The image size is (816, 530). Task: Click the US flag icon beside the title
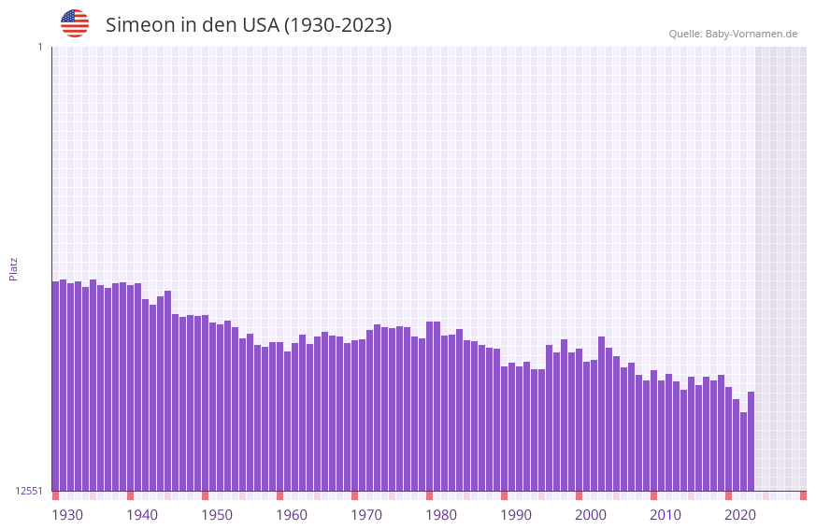coord(75,23)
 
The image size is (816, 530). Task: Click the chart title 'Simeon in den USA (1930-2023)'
coord(249,25)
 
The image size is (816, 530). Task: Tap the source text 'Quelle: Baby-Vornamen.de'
coord(733,34)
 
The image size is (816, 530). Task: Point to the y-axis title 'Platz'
coord(13,268)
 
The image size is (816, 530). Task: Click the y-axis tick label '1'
coord(39,47)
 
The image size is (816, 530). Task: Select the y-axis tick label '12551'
coord(29,491)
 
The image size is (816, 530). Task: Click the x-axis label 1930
coord(67,515)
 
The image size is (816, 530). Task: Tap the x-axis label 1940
coord(142,515)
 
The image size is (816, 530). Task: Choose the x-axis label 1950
coord(217,515)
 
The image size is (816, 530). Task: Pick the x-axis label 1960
coord(292,515)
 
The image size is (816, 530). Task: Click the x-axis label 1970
coord(366,515)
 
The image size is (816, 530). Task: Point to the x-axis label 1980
coord(441,515)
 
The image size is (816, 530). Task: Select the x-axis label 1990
coord(516,515)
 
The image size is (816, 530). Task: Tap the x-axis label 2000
coord(591,515)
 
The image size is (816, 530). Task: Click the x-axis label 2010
coord(666,515)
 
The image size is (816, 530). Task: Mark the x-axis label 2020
coord(740,515)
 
